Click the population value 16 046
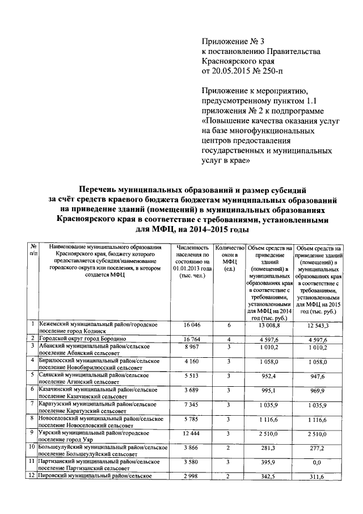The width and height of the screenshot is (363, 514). [x=193, y=325]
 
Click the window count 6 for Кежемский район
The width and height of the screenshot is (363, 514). [x=230, y=325]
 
